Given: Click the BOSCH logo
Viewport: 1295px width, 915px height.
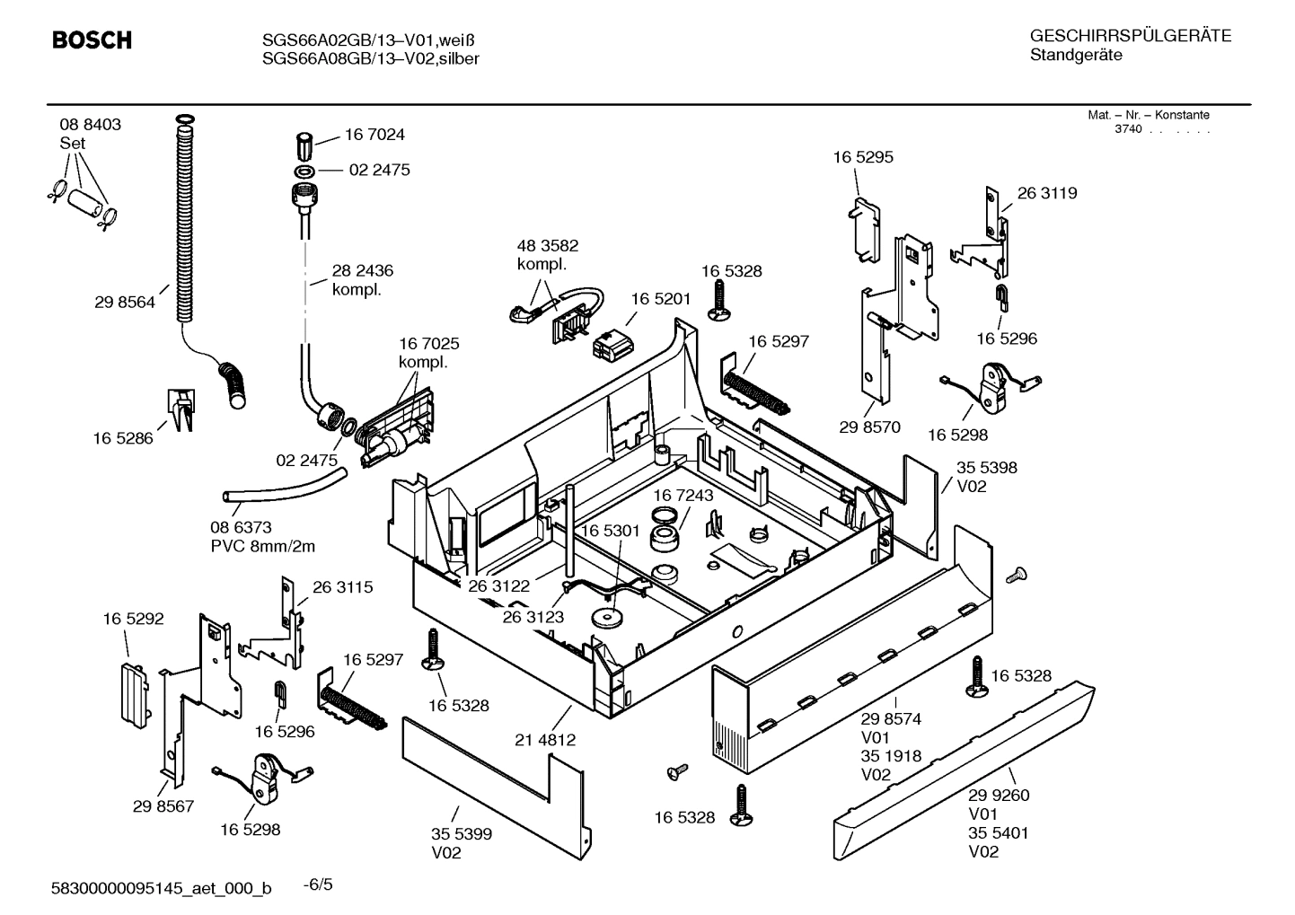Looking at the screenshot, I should [92, 40].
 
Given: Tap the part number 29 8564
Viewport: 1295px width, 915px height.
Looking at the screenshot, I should [125, 303].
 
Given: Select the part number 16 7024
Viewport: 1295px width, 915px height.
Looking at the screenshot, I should [374, 135].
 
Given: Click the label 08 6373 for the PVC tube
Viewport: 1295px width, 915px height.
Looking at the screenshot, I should [241, 528].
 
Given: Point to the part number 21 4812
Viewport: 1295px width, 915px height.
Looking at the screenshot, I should [545, 741].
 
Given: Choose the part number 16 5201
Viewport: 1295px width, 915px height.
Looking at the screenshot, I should [660, 299].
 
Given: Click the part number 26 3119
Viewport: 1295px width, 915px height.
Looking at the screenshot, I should [1047, 193].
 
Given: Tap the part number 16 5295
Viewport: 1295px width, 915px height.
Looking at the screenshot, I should [863, 157].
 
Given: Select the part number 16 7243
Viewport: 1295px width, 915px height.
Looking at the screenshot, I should [683, 496].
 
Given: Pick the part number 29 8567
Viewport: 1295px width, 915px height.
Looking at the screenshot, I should [163, 807].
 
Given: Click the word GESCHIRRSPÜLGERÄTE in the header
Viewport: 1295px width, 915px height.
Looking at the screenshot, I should [1130, 37].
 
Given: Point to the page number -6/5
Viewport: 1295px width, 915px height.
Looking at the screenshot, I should [318, 885].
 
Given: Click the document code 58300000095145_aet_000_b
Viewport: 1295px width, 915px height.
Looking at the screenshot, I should [161, 889].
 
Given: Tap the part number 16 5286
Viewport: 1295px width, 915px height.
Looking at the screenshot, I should [123, 438].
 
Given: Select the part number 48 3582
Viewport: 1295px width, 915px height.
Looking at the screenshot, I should [548, 246].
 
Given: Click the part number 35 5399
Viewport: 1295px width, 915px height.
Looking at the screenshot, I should [462, 834].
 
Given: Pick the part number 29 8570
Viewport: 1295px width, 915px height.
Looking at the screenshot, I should [869, 427].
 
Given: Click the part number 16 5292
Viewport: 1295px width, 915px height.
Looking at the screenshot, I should [133, 619].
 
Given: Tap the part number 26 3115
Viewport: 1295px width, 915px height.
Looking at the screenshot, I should [342, 587].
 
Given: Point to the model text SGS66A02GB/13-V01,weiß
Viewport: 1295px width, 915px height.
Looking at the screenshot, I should [367, 40].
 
